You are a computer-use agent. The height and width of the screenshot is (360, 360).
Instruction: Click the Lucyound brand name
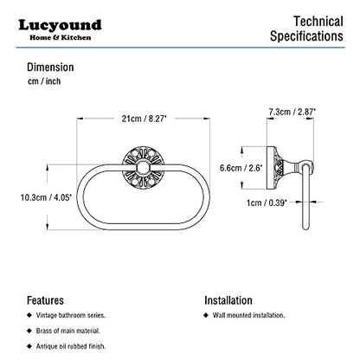point(60,25)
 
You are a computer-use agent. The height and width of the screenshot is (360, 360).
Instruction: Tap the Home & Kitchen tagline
point(61,37)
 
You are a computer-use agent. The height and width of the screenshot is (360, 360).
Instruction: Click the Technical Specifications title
point(306,29)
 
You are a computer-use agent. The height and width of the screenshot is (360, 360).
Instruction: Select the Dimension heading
point(50,67)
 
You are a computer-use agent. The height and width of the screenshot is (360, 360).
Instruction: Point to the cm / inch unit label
point(44,81)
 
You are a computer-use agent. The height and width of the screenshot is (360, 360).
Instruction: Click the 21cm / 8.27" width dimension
point(144,119)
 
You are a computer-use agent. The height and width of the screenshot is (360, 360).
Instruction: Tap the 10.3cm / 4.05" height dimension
point(46,197)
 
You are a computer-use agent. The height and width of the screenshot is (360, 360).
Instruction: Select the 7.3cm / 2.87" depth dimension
point(292,112)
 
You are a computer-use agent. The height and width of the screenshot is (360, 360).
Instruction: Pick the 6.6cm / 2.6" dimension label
point(241,168)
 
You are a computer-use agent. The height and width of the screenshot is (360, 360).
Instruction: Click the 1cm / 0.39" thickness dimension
point(267,202)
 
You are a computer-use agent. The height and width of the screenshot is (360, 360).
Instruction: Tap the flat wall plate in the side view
point(270,168)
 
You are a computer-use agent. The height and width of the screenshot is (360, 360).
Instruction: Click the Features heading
point(45,300)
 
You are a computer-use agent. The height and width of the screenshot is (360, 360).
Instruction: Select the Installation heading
point(228,300)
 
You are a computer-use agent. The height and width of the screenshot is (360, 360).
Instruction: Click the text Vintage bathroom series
point(71,315)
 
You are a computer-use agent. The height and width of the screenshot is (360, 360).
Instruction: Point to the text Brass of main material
point(68,331)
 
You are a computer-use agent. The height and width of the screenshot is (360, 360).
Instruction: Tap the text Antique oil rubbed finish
point(71,346)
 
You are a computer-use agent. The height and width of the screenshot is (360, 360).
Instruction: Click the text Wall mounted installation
point(248,315)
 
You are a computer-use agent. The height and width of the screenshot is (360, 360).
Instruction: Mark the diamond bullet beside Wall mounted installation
point(206,315)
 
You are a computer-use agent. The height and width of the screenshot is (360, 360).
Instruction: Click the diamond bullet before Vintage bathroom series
point(29,315)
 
